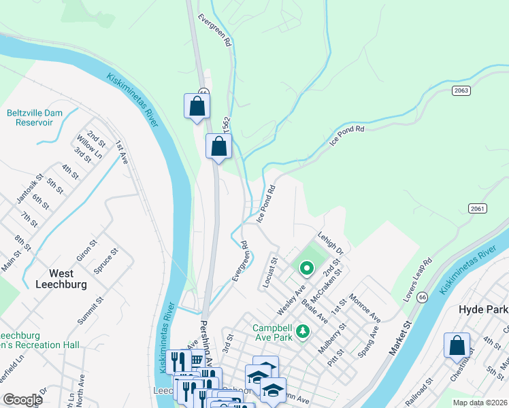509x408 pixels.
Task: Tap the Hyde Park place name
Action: [483, 309]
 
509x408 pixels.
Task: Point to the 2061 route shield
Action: [478, 209]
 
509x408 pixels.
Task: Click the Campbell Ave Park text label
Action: [272, 331]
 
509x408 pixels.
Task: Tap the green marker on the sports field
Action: [306, 269]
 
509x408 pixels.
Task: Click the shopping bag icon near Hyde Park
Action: [457, 345]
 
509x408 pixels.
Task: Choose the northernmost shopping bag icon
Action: [197, 107]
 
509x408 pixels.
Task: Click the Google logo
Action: [22, 400]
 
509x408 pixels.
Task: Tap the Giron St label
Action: [84, 250]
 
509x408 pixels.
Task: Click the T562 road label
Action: [227, 126]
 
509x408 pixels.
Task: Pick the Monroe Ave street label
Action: [364, 307]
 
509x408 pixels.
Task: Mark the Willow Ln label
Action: [89, 143]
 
